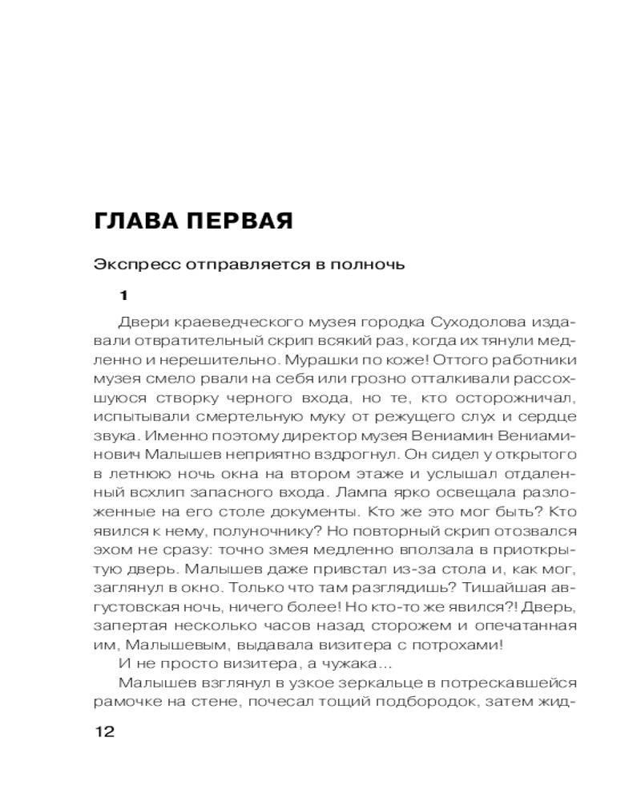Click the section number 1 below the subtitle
123,295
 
